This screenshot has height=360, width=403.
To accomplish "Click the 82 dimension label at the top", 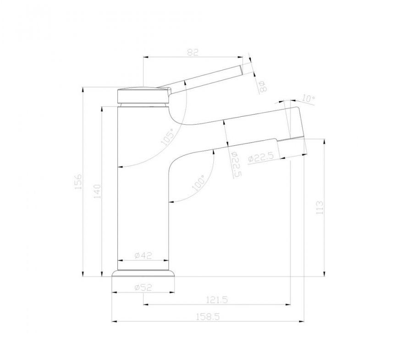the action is coord(193,52).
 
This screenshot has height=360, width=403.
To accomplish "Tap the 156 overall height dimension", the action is coord(78,181).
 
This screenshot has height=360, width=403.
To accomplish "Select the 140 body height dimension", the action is coord(98,191).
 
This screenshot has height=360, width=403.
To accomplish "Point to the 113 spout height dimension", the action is coord(320,208).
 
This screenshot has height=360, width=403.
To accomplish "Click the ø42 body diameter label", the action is coord(144,255).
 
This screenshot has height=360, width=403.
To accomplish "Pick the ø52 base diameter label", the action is coord(144,287).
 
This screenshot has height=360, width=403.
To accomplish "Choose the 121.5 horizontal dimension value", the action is coord(217,300).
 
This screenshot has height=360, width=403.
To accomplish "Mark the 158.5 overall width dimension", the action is coord(208,316).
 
